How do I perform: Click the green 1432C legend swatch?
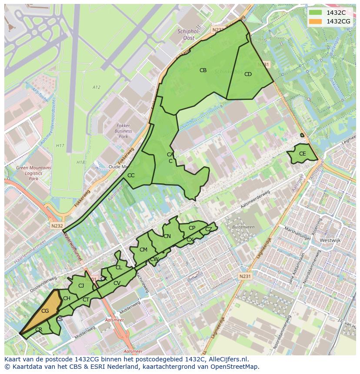pyautogui.click(x=315, y=13)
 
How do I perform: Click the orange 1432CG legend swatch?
pyautogui.click(x=315, y=21)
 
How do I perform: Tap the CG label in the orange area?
pyautogui.click(x=45, y=311)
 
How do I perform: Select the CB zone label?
pyautogui.click(x=203, y=70)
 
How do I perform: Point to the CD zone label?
pyautogui.click(x=248, y=74)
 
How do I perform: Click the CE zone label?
pyautogui.click(x=303, y=154)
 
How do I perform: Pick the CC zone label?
pyautogui.click(x=131, y=175)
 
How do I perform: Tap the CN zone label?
pyautogui.click(x=167, y=236)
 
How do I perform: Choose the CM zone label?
pyautogui.click(x=143, y=250)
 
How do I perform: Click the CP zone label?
pyautogui.click(x=192, y=228)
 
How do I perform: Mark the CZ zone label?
pyautogui.click(x=209, y=229)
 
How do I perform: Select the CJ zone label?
pyautogui.click(x=81, y=286)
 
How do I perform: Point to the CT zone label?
pyautogui.click(x=86, y=300)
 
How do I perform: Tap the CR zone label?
pyautogui.click(x=39, y=330)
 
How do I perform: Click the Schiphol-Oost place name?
pyautogui.click(x=188, y=34)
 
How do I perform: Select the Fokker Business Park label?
pyautogui.click(x=123, y=131)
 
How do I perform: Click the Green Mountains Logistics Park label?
pyautogui.click(x=33, y=173)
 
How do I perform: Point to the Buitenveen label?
pyautogui.click(x=243, y=227)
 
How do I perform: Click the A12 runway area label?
pyautogui.click(x=96, y=87)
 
